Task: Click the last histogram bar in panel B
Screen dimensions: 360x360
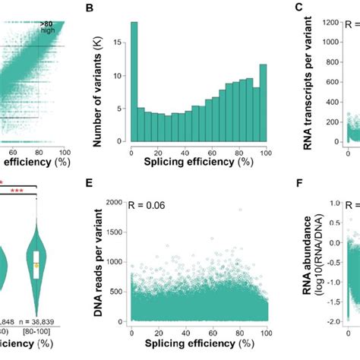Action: pyautogui.click(x=264, y=103)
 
